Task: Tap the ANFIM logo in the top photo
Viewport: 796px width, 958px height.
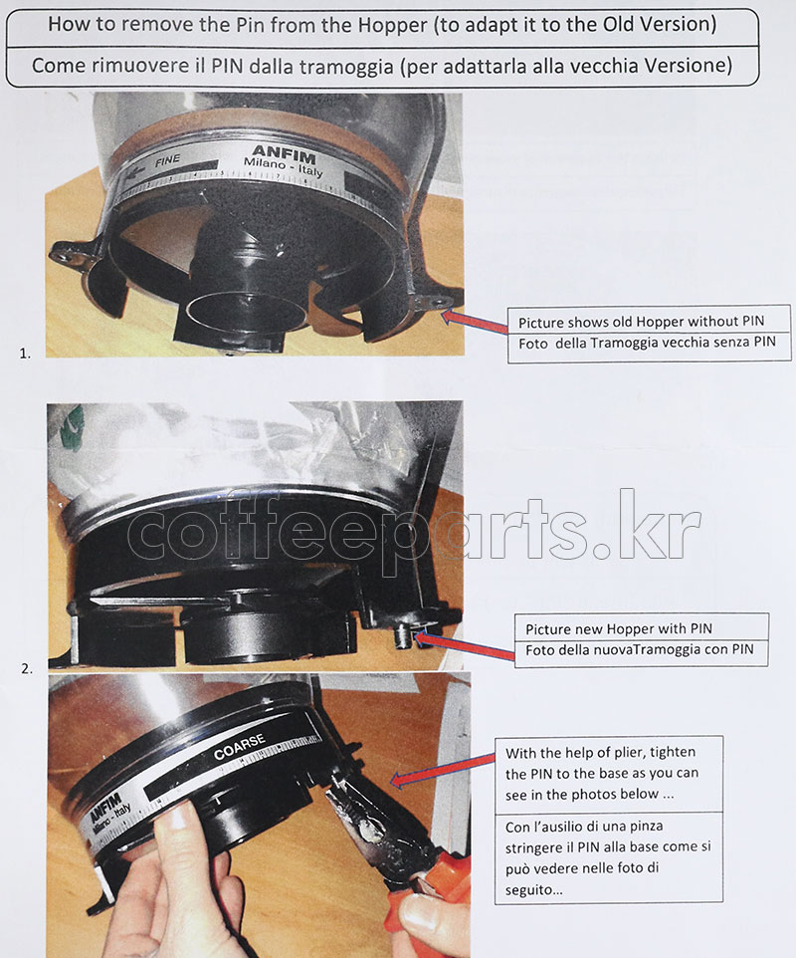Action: coord(284,153)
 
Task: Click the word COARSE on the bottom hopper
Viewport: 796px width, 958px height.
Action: coord(239,747)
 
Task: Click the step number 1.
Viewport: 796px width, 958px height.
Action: coord(25,354)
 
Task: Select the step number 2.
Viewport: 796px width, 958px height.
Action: coord(27,669)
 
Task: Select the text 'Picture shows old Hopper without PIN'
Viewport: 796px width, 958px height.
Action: coord(641,322)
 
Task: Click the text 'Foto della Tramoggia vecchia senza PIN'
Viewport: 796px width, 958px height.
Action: coord(647,343)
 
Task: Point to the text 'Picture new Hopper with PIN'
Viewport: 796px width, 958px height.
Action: coord(618,628)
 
